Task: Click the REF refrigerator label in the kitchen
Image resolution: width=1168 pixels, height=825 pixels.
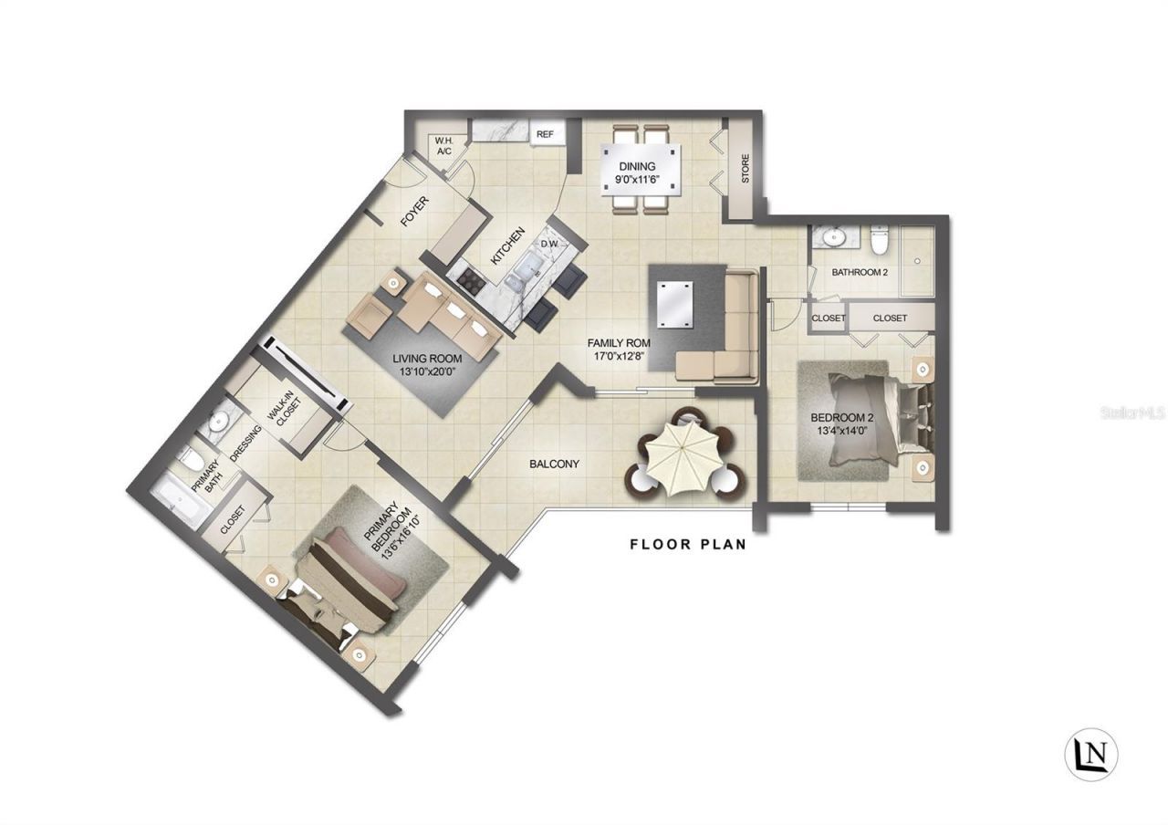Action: (545, 134)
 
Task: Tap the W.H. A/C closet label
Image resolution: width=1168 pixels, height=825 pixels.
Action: (444, 145)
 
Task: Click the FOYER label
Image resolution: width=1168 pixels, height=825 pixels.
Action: (415, 212)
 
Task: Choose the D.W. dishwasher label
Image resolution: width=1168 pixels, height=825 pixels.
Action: (549, 244)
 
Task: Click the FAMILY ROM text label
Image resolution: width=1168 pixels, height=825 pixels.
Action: (619, 343)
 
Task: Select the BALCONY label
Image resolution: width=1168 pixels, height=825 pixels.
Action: (554, 464)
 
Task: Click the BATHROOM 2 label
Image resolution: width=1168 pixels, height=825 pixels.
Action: (860, 272)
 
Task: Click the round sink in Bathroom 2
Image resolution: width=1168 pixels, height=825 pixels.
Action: (832, 237)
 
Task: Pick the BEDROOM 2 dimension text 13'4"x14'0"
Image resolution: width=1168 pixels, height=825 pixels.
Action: (843, 432)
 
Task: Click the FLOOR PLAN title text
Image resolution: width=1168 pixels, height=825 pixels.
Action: (688, 545)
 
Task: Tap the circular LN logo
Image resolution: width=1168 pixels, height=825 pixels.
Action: (1091, 754)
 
